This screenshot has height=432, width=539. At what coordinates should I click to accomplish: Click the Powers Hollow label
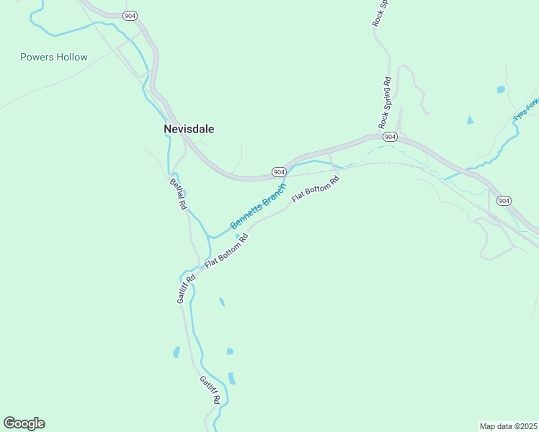click(54, 57)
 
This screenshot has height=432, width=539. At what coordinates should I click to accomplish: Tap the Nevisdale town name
click(189, 129)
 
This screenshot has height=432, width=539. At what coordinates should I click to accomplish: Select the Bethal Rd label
click(178, 193)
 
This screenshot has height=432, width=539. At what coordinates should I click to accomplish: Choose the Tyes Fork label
click(525, 110)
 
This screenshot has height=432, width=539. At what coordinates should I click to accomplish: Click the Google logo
click(24, 423)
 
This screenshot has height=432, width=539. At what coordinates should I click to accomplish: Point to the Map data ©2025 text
click(507, 426)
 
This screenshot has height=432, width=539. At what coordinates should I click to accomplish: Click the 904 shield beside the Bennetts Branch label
click(280, 171)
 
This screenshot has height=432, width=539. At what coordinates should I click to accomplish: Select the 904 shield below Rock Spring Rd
click(389, 136)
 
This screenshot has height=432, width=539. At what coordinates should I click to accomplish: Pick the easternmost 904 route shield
click(504, 200)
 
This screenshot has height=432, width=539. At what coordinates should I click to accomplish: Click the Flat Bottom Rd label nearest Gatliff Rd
click(226, 251)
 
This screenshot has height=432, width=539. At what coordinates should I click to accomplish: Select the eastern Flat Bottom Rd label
click(315, 189)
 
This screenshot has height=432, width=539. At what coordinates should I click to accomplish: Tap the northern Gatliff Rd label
click(186, 288)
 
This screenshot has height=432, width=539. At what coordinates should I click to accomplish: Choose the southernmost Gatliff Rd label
click(210, 390)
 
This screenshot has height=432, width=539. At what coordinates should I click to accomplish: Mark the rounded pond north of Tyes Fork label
click(501, 90)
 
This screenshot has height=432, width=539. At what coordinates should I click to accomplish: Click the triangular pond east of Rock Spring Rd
click(470, 120)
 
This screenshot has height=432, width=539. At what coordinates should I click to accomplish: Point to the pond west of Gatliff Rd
click(176, 352)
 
